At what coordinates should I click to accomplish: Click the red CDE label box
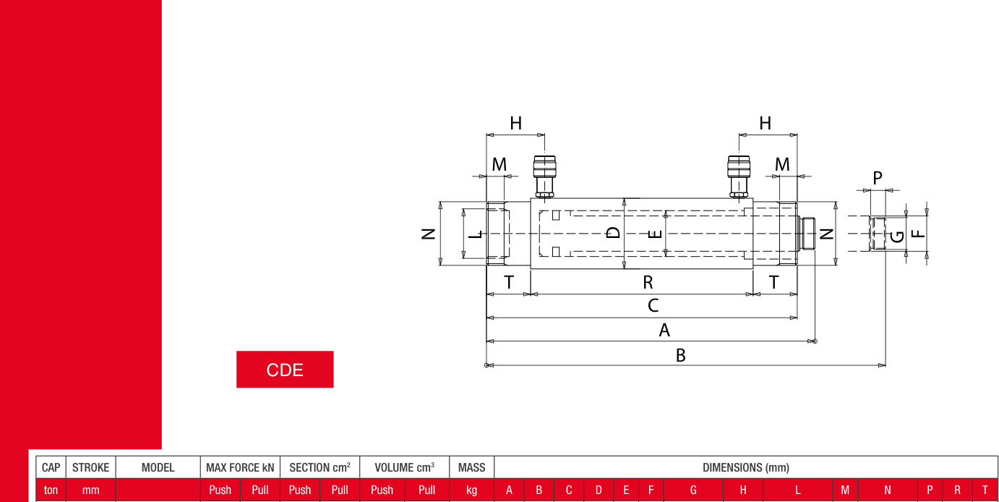[285, 370]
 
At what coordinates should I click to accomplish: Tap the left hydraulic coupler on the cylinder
[544, 176]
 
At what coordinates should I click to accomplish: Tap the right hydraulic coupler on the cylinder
[739, 176]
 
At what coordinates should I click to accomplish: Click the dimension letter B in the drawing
[680, 356]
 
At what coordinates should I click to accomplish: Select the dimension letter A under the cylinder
[664, 331]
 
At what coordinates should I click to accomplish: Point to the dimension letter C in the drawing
[653, 306]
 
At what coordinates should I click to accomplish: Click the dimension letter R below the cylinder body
[648, 282]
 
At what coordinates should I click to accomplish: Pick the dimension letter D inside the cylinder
[613, 232]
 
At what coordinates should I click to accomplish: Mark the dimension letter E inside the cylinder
[655, 234]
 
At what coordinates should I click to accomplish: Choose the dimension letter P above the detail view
[878, 178]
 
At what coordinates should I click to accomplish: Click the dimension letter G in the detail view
[897, 237]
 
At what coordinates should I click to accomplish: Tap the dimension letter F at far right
[918, 234]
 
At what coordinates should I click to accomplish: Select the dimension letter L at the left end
[476, 234]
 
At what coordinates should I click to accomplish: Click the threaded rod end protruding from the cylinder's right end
[807, 234]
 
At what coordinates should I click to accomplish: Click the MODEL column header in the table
[158, 467]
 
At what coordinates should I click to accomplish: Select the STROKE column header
[90, 467]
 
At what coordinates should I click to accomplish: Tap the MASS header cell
[471, 467]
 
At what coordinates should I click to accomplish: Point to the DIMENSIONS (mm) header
[746, 467]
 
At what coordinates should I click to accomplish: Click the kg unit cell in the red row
[471, 490]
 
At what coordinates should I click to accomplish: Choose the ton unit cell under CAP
[51, 490]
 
